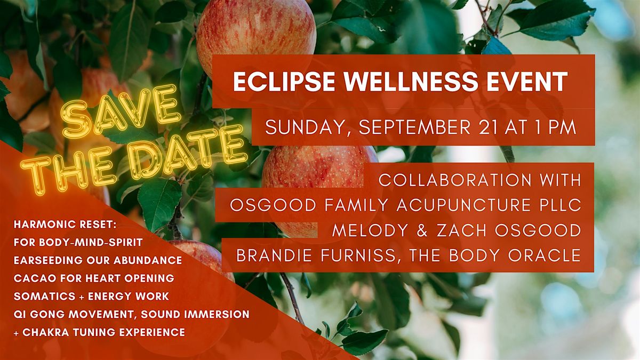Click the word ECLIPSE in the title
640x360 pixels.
(x=284, y=82)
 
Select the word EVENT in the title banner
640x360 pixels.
(x=527, y=82)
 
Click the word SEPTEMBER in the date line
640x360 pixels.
(x=414, y=127)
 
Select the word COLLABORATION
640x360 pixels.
(x=455, y=180)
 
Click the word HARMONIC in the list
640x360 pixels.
(x=42, y=225)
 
